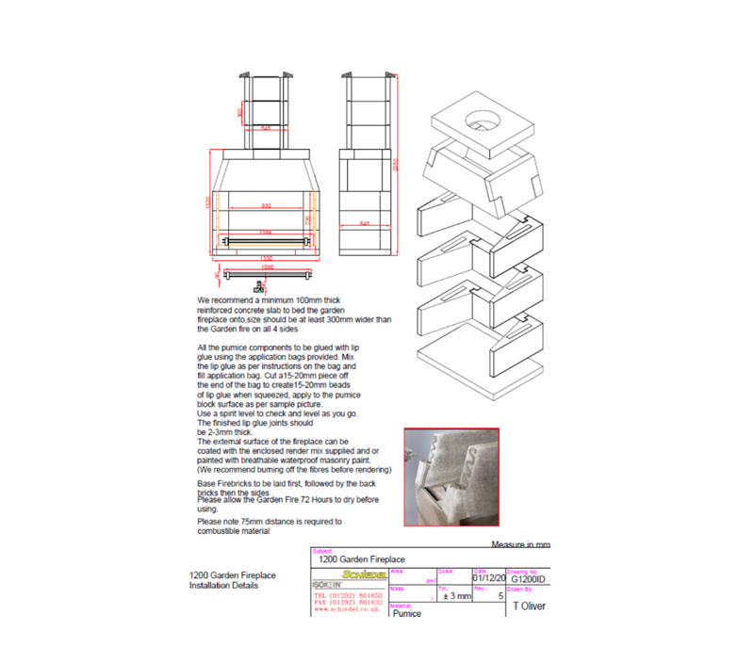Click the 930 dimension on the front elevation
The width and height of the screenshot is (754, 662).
(266, 206)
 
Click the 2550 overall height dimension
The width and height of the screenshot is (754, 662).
(397, 162)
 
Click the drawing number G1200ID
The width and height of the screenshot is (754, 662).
(528, 578)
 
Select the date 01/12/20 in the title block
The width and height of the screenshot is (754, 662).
(488, 578)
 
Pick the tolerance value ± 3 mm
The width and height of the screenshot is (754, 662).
(456, 596)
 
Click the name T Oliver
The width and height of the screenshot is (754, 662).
(527, 607)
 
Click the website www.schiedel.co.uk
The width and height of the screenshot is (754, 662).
(347, 608)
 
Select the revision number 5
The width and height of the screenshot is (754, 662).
(500, 596)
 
